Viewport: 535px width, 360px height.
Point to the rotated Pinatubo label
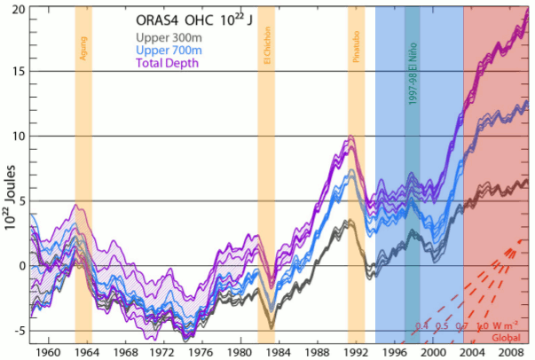click(356, 54)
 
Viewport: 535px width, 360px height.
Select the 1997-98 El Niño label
click(413, 80)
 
